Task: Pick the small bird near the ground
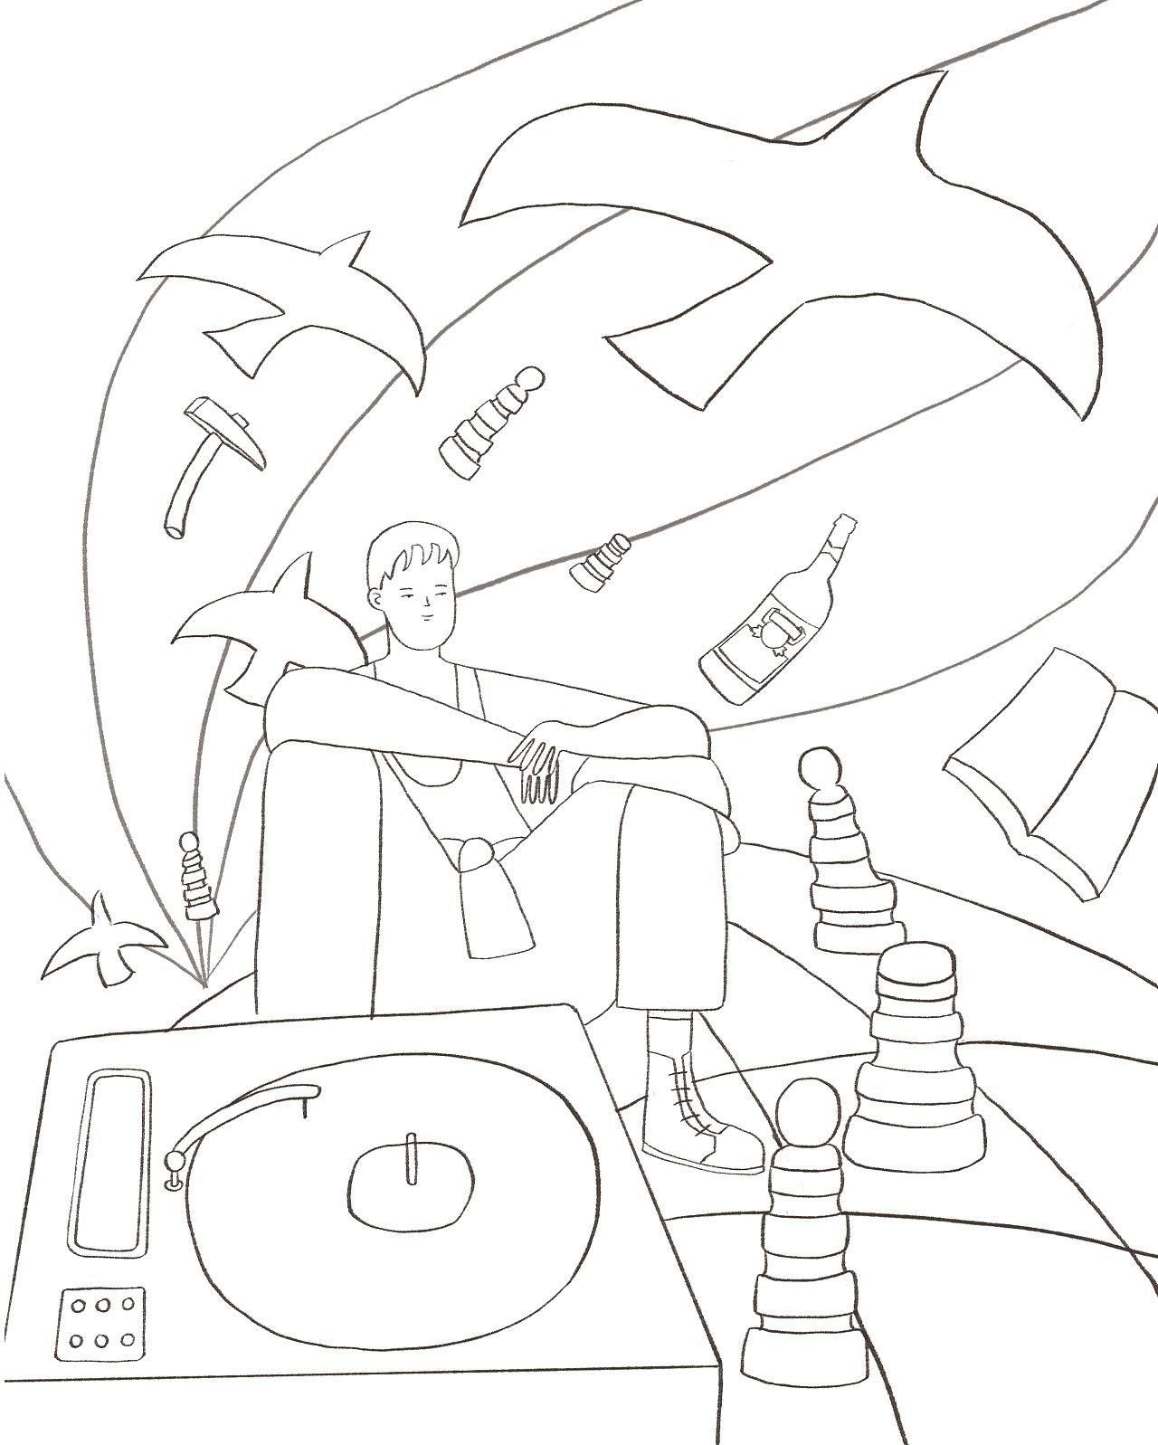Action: [x=104, y=941]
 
